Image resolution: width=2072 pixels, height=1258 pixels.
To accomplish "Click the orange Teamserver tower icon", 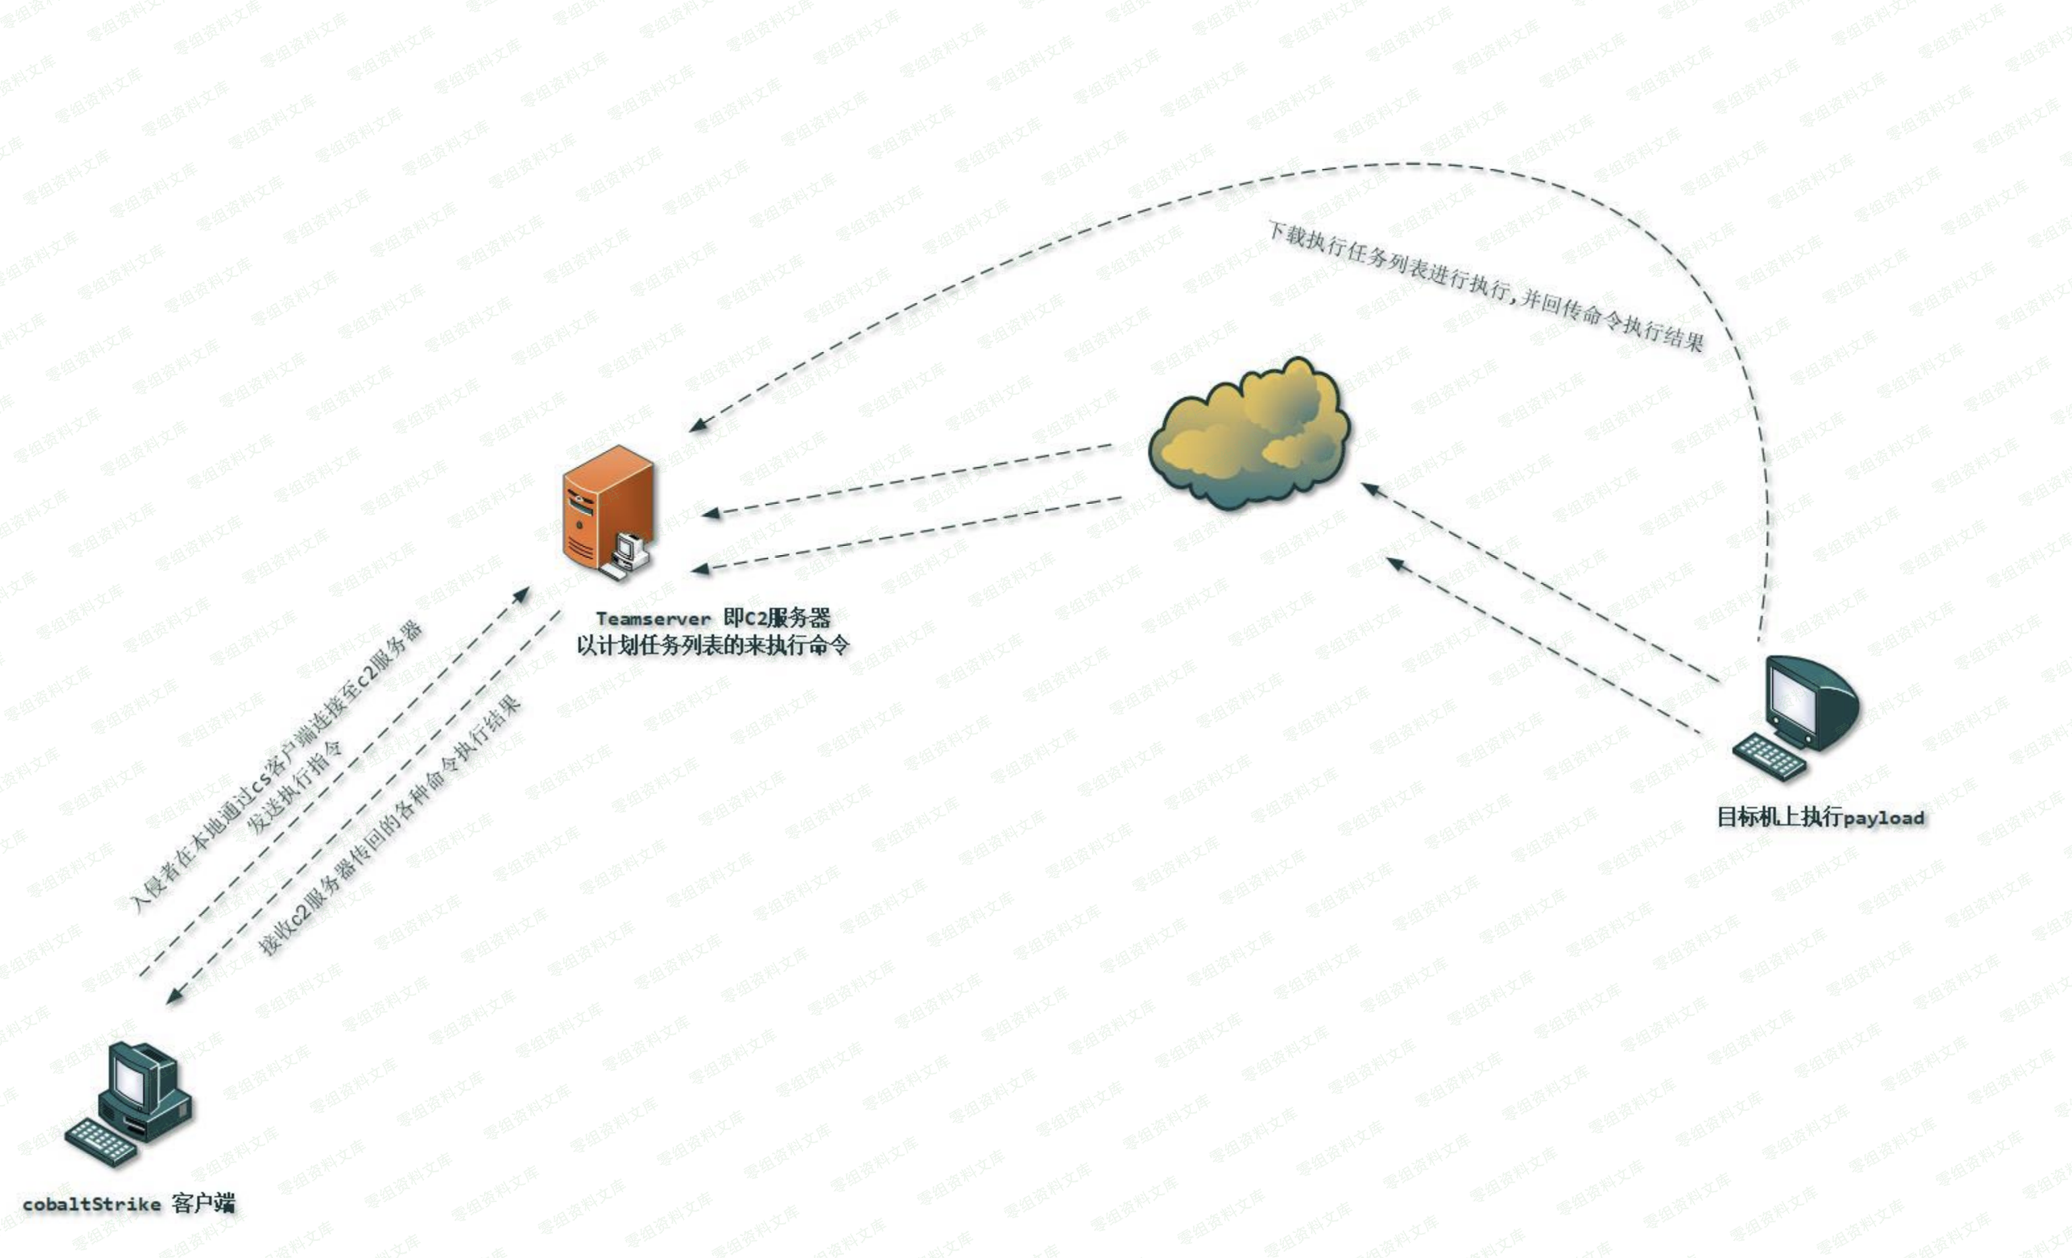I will [607, 509].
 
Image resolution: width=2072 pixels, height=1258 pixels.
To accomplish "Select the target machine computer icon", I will [1800, 715].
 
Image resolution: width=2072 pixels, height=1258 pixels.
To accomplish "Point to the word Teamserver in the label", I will [654, 619].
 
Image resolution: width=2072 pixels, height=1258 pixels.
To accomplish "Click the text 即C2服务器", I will [777, 618].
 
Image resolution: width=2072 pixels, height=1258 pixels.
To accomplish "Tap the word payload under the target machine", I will [1883, 818].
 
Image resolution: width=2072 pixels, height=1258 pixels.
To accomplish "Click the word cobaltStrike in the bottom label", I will [92, 1204].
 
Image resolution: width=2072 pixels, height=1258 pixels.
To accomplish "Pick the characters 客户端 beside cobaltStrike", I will [204, 1203].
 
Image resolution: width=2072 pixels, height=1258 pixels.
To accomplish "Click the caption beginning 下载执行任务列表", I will [1485, 286].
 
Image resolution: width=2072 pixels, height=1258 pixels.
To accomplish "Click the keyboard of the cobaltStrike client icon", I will [100, 1141].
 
